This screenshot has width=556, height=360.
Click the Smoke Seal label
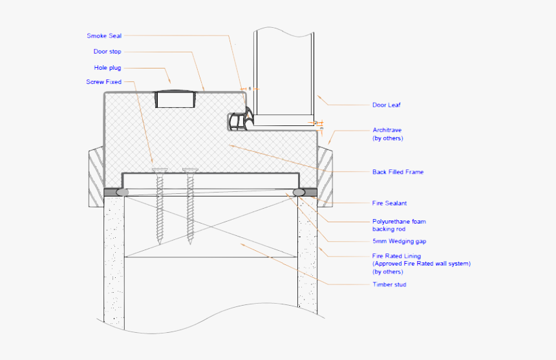(104, 36)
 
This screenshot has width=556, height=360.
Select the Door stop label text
(107, 52)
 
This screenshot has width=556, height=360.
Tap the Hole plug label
(107, 67)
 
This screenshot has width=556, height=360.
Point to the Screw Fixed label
(103, 82)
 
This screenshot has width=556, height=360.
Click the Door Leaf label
(387, 105)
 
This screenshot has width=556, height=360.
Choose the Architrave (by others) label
(388, 134)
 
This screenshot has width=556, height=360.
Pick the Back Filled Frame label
(398, 172)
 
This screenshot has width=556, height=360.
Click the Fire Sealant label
(389, 203)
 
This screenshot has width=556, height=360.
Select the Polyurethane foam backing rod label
(399, 225)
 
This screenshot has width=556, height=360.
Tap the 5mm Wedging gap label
(399, 241)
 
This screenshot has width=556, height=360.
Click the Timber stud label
(389, 284)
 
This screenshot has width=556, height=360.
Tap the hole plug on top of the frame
(175, 99)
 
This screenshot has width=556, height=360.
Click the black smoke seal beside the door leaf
(239, 122)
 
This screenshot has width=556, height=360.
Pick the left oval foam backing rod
(122, 192)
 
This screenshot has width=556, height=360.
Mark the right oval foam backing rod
(299, 193)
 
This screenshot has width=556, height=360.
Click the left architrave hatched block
(94, 176)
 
